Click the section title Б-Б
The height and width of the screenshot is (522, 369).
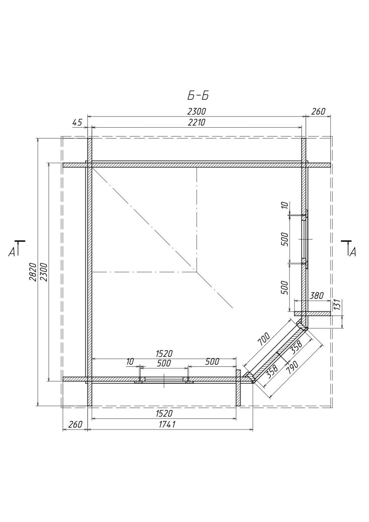tap(198, 96)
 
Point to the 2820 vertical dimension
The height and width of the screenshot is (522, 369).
tap(33, 272)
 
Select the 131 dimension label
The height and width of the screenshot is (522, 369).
tap(338, 305)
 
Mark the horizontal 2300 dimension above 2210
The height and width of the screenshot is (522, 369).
tap(196, 111)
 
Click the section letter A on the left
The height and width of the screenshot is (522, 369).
tap(11, 252)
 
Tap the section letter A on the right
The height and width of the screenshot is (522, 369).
tap(353, 252)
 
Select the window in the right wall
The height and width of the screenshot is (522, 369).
tap(305, 239)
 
